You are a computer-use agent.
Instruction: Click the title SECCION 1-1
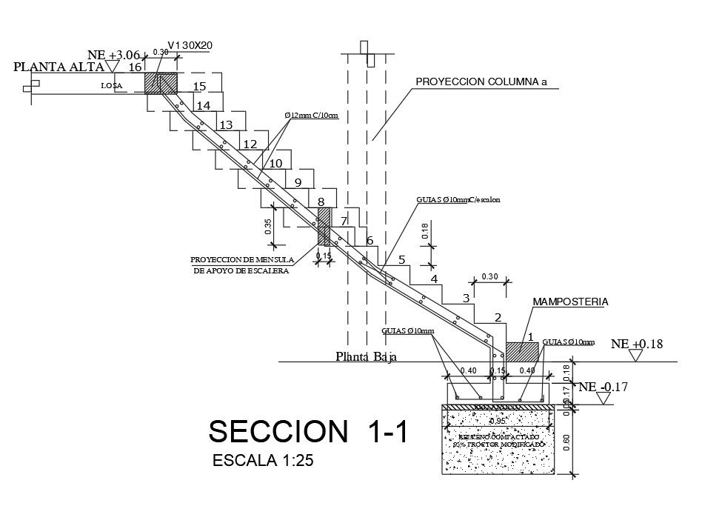click(x=310, y=432)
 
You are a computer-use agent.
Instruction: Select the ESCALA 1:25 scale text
click(x=264, y=460)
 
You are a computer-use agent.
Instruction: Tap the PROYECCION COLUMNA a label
click(x=481, y=81)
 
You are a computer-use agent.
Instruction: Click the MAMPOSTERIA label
click(x=570, y=302)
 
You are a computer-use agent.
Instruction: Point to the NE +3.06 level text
click(x=113, y=55)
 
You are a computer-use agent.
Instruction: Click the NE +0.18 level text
click(x=636, y=344)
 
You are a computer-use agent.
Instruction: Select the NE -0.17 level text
click(x=604, y=386)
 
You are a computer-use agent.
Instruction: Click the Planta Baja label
click(x=367, y=357)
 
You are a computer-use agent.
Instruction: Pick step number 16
click(x=135, y=67)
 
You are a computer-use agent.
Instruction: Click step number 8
click(x=321, y=202)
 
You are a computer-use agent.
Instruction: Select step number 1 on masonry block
click(x=531, y=337)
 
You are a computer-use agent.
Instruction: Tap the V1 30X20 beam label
click(x=190, y=46)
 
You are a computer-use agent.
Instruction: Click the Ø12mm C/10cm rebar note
click(x=311, y=116)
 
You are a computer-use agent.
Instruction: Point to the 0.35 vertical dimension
click(x=268, y=226)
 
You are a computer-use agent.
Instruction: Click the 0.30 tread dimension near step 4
click(x=489, y=276)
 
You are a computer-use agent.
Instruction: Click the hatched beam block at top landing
click(x=161, y=81)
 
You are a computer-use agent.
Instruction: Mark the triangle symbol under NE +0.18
click(x=635, y=356)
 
